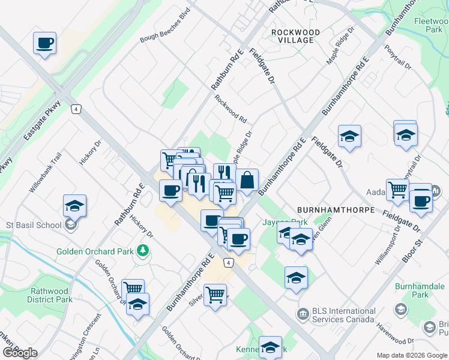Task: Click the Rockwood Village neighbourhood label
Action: coord(292,35)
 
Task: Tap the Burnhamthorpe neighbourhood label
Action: coord(336,211)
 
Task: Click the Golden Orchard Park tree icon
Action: coord(143,250)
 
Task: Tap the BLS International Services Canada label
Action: coord(336,316)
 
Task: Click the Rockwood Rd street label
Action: coord(231,109)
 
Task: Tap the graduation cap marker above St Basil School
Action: coord(75,206)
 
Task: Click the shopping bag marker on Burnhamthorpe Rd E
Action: coord(247,179)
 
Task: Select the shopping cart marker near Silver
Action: coord(215,295)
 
